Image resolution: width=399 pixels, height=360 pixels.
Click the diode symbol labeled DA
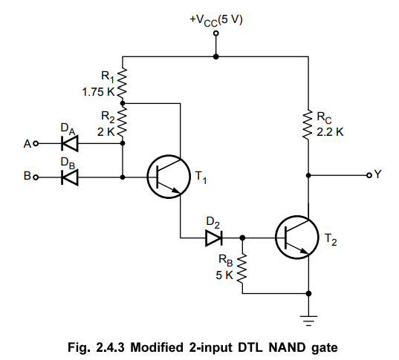click(70, 144)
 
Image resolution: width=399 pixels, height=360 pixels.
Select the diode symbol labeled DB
click(70, 177)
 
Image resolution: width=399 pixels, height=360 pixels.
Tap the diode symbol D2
click(214, 238)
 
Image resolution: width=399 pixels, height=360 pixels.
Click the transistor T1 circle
click(169, 177)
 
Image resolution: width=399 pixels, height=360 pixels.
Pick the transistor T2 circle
click(296, 238)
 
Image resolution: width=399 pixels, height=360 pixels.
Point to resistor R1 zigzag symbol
click(122, 82)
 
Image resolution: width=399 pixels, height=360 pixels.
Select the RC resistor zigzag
click(308, 125)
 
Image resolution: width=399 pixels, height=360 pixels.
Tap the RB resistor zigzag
click(242, 268)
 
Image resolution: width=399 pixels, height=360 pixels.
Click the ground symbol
click(308, 321)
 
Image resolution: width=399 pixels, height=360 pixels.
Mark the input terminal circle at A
click(36, 144)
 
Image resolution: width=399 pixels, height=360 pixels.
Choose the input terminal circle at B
click(36, 177)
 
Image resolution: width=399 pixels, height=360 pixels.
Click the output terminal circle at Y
click(369, 175)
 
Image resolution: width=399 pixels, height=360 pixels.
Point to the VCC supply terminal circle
click(215, 33)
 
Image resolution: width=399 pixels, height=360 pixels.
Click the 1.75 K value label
click(99, 92)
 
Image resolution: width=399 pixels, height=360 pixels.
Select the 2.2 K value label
click(330, 132)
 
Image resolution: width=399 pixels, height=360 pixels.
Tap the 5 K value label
click(224, 275)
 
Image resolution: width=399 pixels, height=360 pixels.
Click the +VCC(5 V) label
click(216, 20)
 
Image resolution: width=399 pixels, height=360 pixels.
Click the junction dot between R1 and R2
click(123, 103)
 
